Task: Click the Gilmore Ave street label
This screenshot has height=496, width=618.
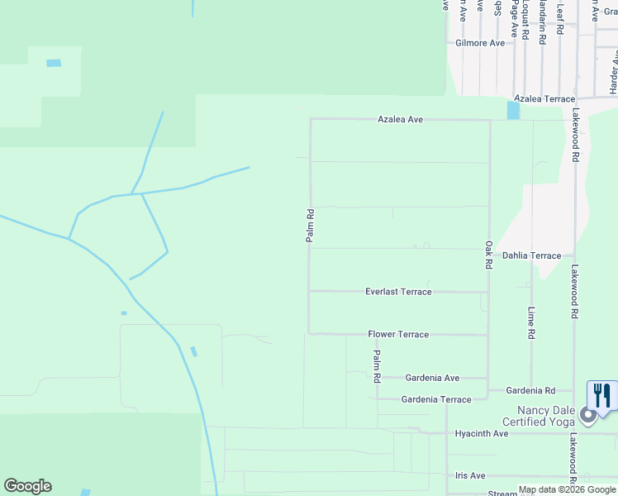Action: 480,43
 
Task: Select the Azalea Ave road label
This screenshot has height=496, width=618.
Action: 400,120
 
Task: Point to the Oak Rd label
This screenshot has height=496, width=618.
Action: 489,255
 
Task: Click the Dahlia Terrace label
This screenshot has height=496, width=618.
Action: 531,256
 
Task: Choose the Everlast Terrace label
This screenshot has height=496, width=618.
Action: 398,292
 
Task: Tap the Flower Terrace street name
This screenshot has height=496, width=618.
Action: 398,335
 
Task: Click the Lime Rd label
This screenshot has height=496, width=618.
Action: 531,322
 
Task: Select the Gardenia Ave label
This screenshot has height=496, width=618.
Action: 432,378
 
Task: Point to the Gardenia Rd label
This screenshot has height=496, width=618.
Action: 531,390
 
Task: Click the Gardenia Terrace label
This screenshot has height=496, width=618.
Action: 435,400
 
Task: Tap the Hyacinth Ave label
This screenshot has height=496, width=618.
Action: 482,434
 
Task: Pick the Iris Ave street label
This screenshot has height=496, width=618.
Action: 469,476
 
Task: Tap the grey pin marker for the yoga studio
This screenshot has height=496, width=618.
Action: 588,415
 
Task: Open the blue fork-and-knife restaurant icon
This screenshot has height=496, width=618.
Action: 602,394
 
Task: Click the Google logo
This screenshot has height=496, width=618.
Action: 27,486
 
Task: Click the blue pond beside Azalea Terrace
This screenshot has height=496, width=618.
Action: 513,109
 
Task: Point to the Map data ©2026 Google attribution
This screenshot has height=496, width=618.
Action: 568,489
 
